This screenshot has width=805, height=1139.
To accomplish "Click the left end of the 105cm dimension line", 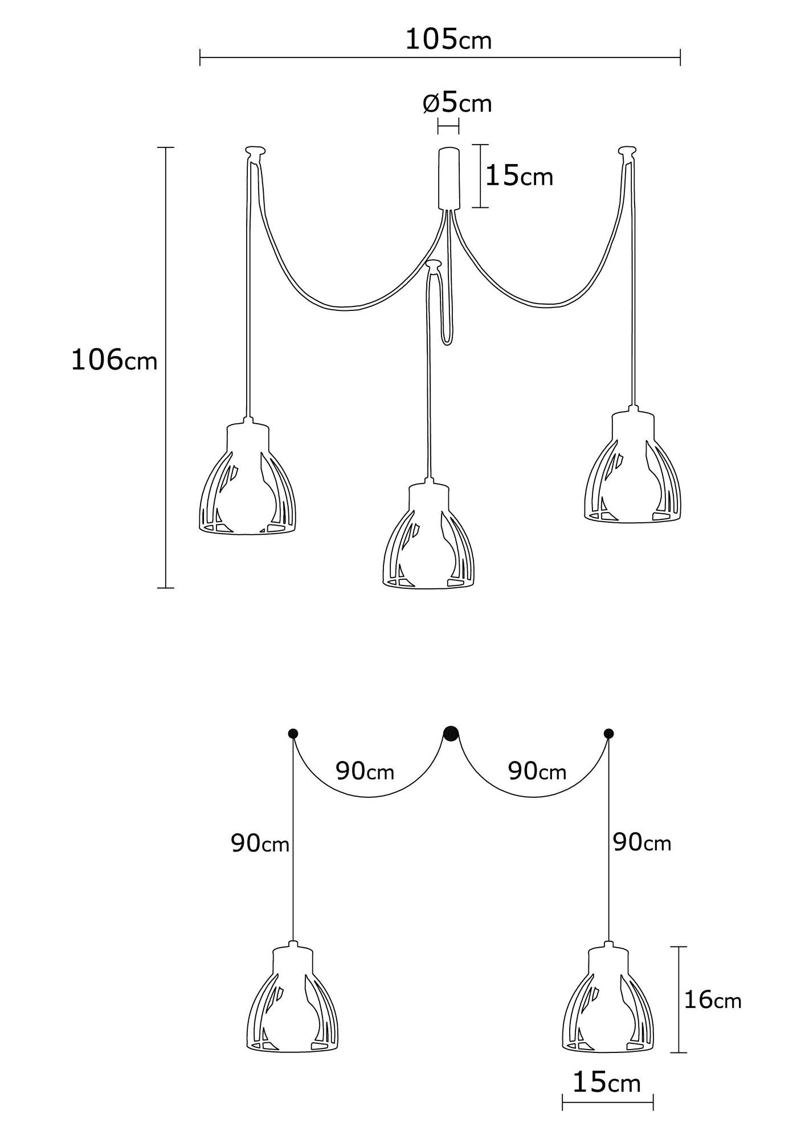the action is click(200, 58).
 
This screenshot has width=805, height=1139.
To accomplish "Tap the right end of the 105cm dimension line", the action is click(680, 58).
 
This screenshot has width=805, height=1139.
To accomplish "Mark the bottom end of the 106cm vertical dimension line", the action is click(165, 587).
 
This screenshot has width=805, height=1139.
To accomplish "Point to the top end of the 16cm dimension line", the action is click(678, 947).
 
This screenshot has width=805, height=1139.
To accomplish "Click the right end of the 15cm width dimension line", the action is click(653, 1103).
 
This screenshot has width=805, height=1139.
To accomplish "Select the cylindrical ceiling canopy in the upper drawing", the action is click(448, 178).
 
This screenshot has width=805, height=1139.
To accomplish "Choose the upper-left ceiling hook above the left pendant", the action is click(255, 152).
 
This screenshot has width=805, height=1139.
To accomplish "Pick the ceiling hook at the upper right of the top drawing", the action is click(627, 151).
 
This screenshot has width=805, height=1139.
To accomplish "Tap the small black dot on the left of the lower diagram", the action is click(293, 733).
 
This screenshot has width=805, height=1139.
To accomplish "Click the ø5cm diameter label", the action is click(457, 103).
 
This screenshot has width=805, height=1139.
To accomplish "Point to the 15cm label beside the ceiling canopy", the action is click(519, 177).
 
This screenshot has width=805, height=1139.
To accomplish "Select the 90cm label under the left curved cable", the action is click(365, 771).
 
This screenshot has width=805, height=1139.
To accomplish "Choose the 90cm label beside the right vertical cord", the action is click(642, 842).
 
